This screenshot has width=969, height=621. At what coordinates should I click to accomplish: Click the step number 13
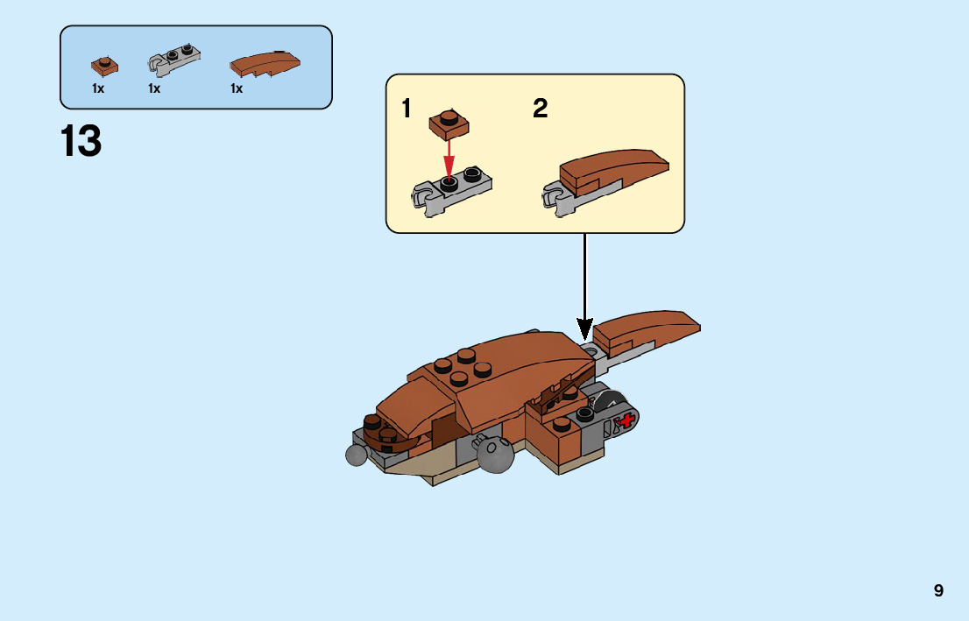click(81, 142)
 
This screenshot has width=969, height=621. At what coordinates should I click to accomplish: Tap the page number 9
click(938, 590)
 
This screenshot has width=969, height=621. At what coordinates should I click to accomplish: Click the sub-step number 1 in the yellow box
click(406, 109)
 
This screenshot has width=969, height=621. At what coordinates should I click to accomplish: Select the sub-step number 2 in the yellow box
click(541, 109)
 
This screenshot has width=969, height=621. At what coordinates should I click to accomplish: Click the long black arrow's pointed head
click(584, 329)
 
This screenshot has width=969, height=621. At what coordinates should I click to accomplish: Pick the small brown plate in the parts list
click(104, 66)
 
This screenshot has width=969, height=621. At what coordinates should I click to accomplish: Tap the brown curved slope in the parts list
click(265, 63)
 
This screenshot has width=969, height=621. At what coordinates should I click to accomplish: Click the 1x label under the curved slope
click(237, 88)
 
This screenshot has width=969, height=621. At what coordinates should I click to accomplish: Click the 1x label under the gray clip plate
click(154, 88)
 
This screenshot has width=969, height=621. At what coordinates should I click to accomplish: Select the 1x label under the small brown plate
click(98, 88)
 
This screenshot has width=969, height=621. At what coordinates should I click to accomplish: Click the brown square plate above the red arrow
click(449, 124)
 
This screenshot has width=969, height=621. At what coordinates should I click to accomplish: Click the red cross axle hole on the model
click(626, 422)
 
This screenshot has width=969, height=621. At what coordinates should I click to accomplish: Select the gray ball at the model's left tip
click(357, 455)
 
